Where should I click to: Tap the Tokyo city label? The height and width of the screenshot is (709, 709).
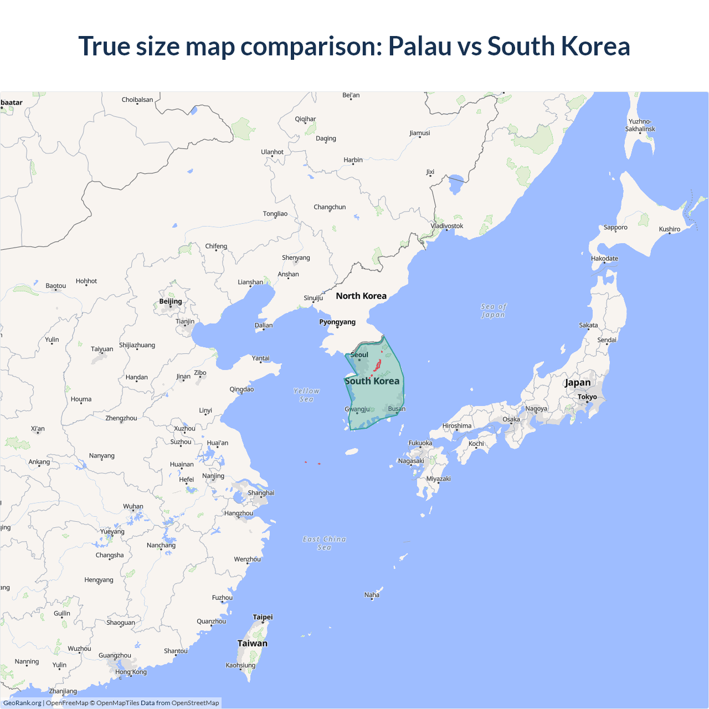click(x=587, y=397)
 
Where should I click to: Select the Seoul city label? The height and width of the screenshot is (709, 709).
click(x=359, y=354)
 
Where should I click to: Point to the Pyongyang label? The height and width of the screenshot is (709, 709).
click(x=337, y=322)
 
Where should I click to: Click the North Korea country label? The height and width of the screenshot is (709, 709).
click(x=361, y=296)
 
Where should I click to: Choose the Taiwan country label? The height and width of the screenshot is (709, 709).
click(x=253, y=643)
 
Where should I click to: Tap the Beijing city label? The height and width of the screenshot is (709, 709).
click(x=171, y=301)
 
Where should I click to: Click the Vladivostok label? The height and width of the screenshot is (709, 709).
click(x=447, y=225)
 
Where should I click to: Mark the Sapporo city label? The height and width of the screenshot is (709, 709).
click(x=615, y=227)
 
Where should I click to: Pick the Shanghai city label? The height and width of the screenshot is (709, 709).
click(x=261, y=492)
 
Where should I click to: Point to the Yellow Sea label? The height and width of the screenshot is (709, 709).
click(x=306, y=395)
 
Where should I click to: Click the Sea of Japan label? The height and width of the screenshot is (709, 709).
click(x=494, y=311)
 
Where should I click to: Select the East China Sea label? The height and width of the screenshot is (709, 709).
click(x=324, y=543)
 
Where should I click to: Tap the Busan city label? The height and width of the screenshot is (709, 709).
click(x=397, y=409)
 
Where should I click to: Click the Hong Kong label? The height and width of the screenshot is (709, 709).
click(x=131, y=672)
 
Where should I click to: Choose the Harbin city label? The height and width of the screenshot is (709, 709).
click(x=353, y=160)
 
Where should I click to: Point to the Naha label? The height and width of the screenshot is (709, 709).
click(x=372, y=595)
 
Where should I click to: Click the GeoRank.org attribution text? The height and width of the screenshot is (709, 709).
click(x=22, y=703)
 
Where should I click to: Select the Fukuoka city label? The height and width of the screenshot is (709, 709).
click(x=420, y=443)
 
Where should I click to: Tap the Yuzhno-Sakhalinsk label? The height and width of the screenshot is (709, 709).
click(x=640, y=125)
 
